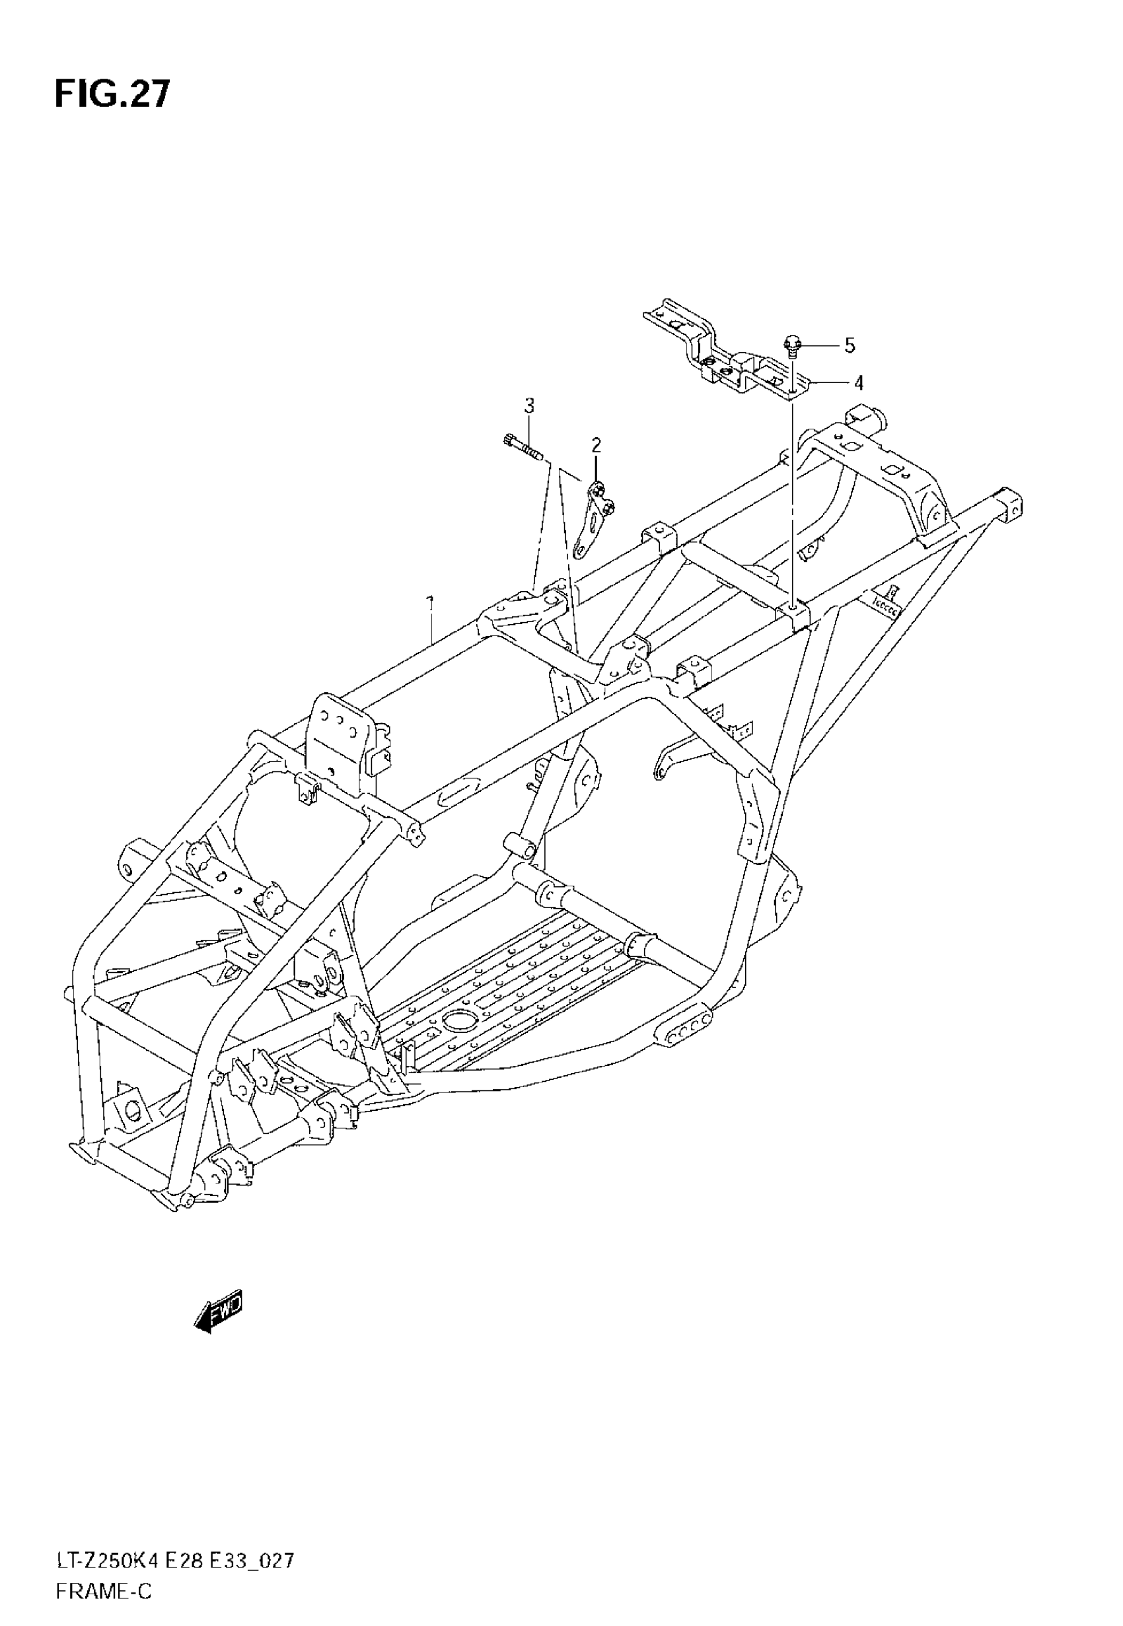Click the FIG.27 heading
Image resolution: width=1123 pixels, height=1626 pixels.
click(112, 95)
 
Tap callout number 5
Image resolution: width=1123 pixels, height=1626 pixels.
click(850, 346)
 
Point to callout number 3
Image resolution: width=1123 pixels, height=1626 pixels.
click(528, 406)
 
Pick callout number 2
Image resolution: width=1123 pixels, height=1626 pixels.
click(596, 444)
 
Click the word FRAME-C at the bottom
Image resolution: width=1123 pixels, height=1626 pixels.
click(104, 1591)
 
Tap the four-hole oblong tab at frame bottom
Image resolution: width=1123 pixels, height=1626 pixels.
click(684, 1030)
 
